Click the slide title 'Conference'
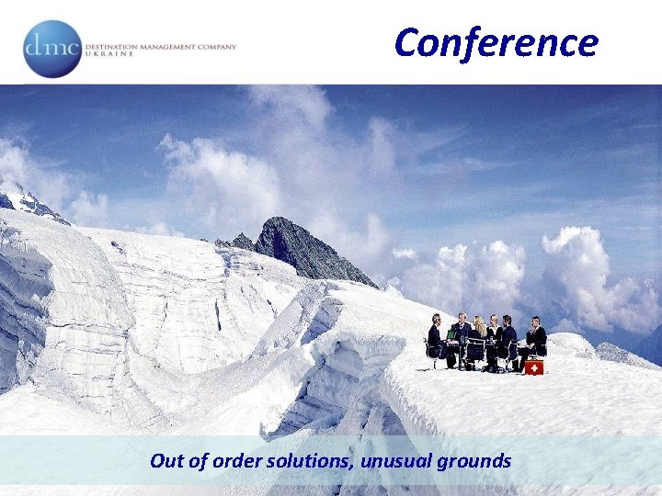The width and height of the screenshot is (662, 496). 496,42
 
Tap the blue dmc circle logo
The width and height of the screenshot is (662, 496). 51,49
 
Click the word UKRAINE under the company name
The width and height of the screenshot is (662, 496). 108,54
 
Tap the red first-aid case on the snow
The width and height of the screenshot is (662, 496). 534,366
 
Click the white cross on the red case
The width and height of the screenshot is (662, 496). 534,367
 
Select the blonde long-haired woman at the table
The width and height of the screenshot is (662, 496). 479,331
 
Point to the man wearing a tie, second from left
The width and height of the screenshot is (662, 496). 462,333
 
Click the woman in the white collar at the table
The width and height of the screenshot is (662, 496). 494,333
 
